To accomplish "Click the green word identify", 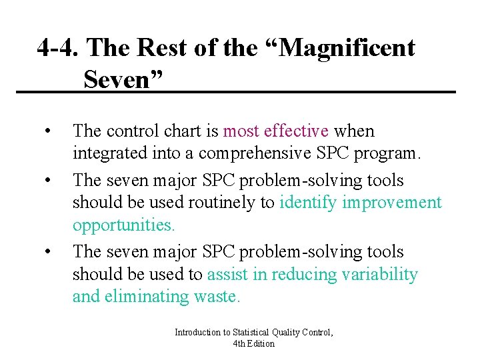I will (309, 203).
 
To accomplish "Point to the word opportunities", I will (123, 225).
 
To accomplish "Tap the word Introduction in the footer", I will (197, 332).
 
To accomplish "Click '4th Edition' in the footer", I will (254, 343).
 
